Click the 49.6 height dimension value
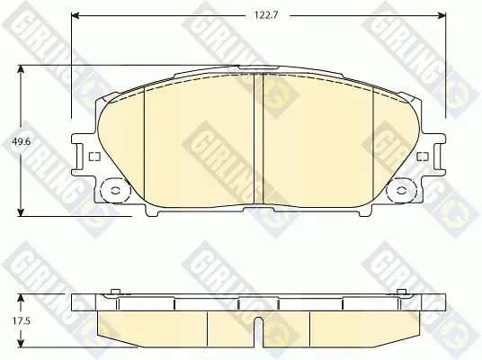pos(21,141)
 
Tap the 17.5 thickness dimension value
pos(22,321)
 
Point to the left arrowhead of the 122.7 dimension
pos(76,15)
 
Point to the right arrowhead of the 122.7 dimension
pos(442,15)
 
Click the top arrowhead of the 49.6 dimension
pos(21,69)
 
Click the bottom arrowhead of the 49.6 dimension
pos(21,212)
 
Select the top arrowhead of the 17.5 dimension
pos(21,298)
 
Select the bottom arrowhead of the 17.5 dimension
pos(21,344)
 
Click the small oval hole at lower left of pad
pos(116,191)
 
